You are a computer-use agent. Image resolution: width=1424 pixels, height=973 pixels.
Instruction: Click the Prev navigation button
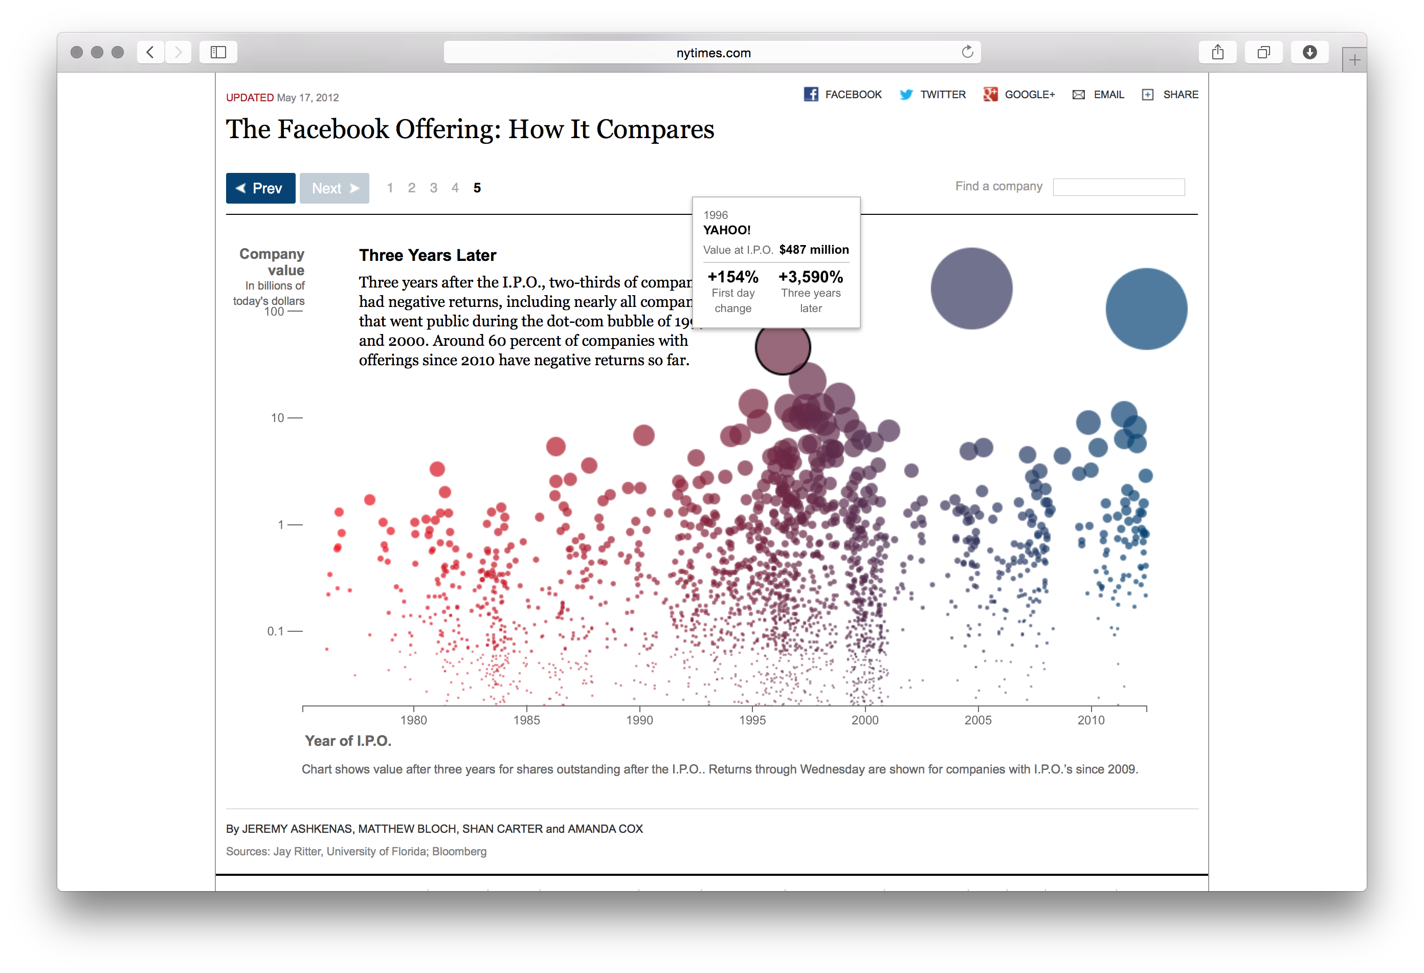(260, 188)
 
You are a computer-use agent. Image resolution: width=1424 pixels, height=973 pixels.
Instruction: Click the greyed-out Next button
(334, 188)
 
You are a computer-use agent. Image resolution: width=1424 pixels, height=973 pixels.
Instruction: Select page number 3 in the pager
(433, 188)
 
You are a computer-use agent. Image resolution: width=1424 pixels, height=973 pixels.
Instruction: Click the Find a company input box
(1118, 187)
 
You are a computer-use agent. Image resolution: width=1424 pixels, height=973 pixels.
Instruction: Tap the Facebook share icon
(811, 94)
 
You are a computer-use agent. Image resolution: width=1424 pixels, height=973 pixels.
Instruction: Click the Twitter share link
(933, 94)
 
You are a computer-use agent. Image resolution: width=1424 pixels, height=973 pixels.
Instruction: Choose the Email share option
(1099, 94)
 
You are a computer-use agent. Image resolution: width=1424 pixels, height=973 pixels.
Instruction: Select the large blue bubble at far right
(1146, 309)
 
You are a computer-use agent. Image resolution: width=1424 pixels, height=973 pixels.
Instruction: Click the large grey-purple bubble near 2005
(971, 288)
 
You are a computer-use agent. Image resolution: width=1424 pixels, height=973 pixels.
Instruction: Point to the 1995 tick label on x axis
(752, 720)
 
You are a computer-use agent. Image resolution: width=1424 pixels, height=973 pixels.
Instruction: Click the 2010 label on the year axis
(1091, 720)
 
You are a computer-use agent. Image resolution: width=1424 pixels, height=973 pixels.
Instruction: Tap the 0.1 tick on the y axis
(276, 631)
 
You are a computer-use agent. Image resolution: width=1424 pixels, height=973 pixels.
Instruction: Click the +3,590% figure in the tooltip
(811, 277)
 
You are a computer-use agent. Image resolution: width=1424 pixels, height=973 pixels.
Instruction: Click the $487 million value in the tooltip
(814, 249)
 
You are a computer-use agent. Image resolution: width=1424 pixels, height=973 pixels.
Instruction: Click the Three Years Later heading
(427, 255)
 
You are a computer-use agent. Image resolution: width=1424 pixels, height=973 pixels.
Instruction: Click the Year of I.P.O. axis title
(348, 741)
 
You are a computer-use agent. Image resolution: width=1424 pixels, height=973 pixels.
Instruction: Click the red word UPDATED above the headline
(250, 97)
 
